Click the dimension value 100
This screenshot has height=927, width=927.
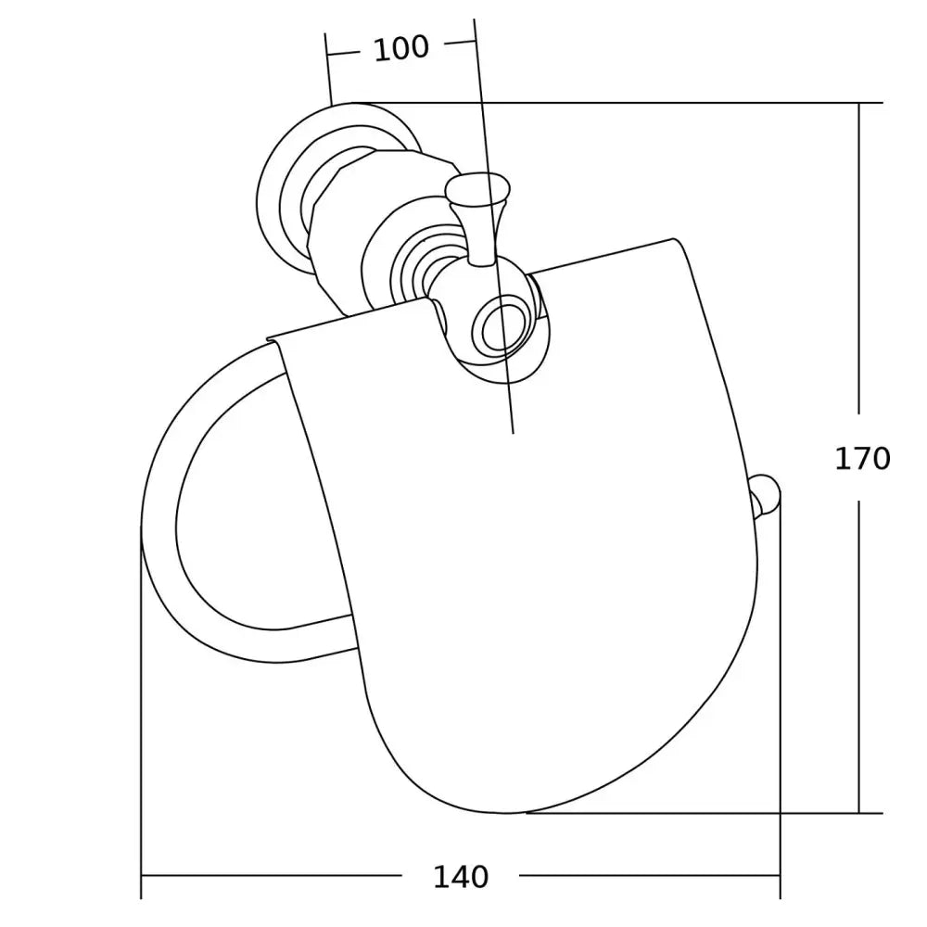point(400,47)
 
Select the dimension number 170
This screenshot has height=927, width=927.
point(861,458)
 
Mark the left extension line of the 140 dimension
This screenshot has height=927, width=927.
point(141,723)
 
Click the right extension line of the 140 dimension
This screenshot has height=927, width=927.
point(781,705)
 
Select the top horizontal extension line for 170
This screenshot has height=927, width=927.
point(649,102)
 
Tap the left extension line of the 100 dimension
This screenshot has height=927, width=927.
point(327,70)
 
